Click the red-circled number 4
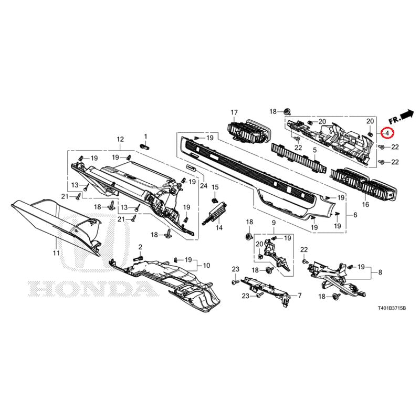[387, 133]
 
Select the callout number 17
[234, 112]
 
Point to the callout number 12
[120, 139]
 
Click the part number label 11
[56, 253]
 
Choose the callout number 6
[355, 215]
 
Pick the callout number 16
[365, 205]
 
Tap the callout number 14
[219, 228]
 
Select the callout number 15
[215, 187]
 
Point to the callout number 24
[204, 185]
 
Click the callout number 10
[206, 266]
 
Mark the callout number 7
[299, 296]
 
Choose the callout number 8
[380, 272]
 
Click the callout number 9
[274, 223]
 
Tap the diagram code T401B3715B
[392, 308]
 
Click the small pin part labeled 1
[145, 146]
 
